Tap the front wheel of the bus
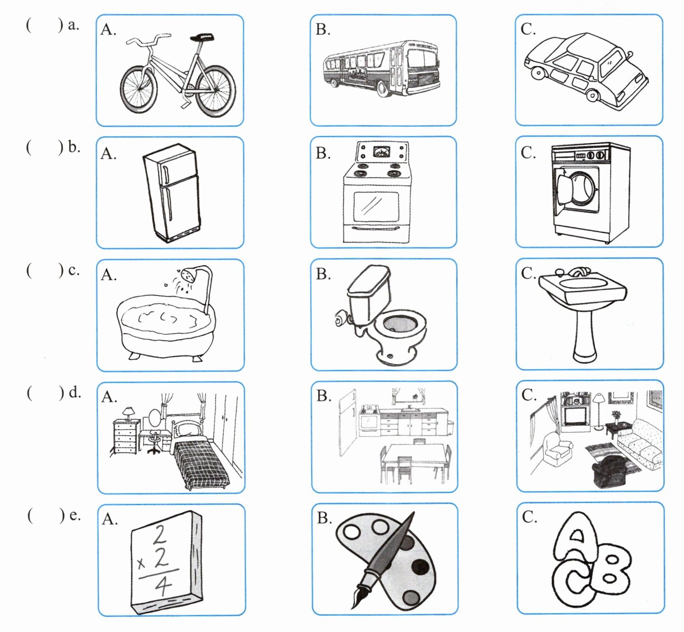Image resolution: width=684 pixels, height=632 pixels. coord(383,90)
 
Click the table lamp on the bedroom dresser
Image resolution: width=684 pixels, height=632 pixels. coord(128,413)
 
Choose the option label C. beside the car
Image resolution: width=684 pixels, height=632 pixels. coord(529,29)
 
